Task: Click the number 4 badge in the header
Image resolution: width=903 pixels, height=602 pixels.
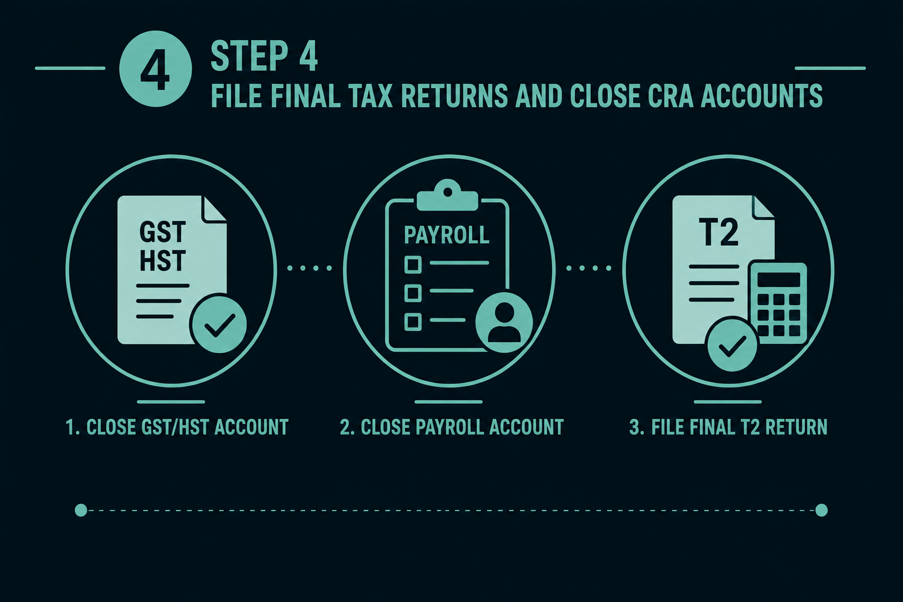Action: click(x=155, y=69)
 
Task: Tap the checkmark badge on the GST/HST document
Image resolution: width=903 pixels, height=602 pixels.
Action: click(x=219, y=323)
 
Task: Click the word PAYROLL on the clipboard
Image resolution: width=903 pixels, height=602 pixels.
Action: click(x=447, y=235)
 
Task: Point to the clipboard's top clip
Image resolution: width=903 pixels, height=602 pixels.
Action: click(x=447, y=195)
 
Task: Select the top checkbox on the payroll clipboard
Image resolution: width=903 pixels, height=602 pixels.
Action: click(x=413, y=265)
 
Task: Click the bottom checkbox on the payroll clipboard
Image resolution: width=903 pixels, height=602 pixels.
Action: click(x=413, y=322)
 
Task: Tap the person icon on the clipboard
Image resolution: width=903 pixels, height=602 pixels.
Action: click(x=504, y=323)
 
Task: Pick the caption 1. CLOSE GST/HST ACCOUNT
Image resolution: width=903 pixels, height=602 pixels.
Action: click(x=177, y=427)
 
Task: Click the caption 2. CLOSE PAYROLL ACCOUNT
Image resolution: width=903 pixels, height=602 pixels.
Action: click(x=451, y=427)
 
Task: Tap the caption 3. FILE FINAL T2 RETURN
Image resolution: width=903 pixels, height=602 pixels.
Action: click(x=728, y=427)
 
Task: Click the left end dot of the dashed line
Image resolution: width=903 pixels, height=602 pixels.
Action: click(x=81, y=510)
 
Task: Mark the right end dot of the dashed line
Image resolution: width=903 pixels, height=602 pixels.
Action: click(x=821, y=510)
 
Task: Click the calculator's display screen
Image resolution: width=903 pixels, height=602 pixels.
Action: click(x=778, y=279)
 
